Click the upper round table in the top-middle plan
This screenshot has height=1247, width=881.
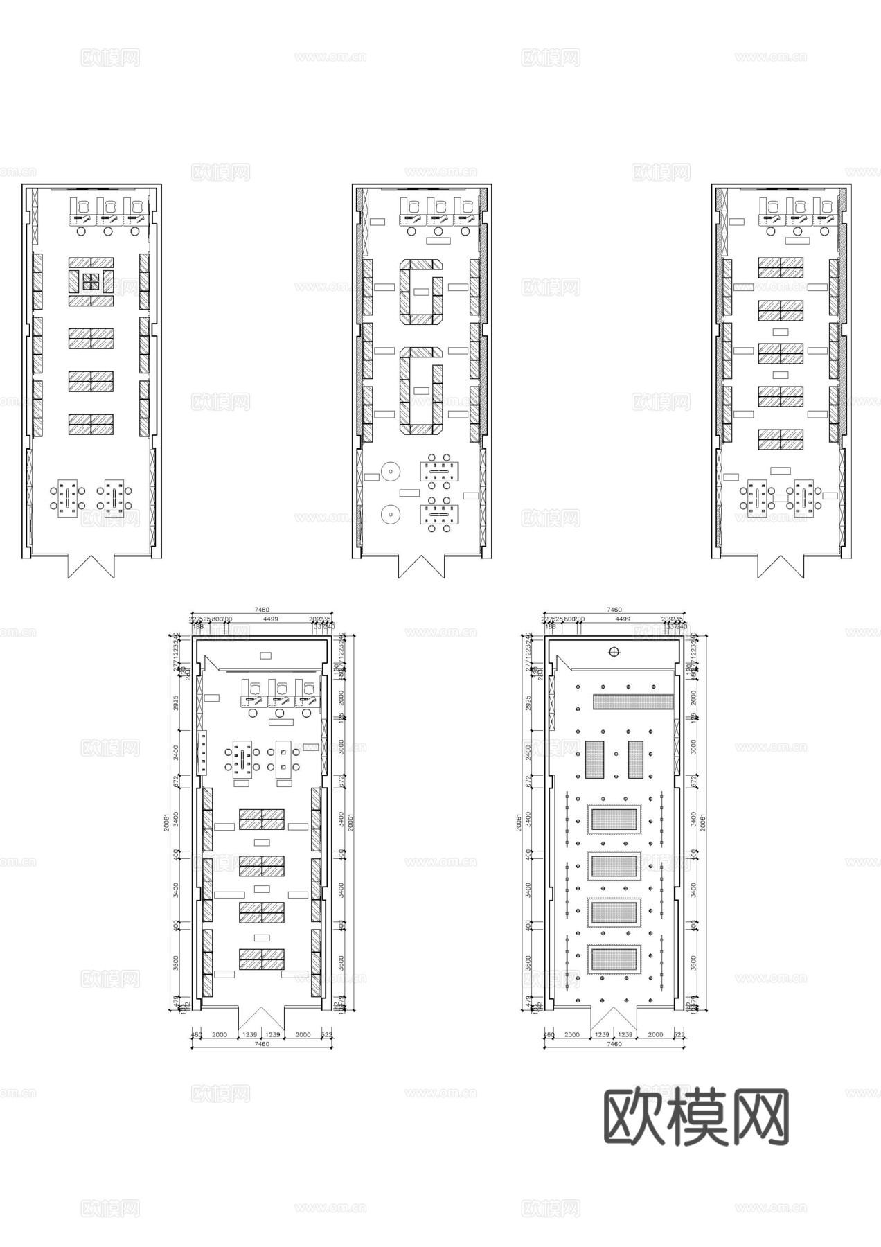coord(391,472)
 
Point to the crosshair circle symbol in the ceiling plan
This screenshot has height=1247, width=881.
coord(614,651)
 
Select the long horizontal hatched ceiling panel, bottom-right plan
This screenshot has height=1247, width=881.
coord(633,701)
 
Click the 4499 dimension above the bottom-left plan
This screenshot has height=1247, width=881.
coord(270,619)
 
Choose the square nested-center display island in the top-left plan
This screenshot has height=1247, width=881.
coord(91,281)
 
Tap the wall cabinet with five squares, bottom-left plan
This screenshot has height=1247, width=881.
coord(203,752)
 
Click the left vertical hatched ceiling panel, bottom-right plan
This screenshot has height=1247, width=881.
coord(594,759)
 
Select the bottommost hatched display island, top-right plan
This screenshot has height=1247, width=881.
coord(781,439)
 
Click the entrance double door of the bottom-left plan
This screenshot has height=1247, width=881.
coord(262,1018)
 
